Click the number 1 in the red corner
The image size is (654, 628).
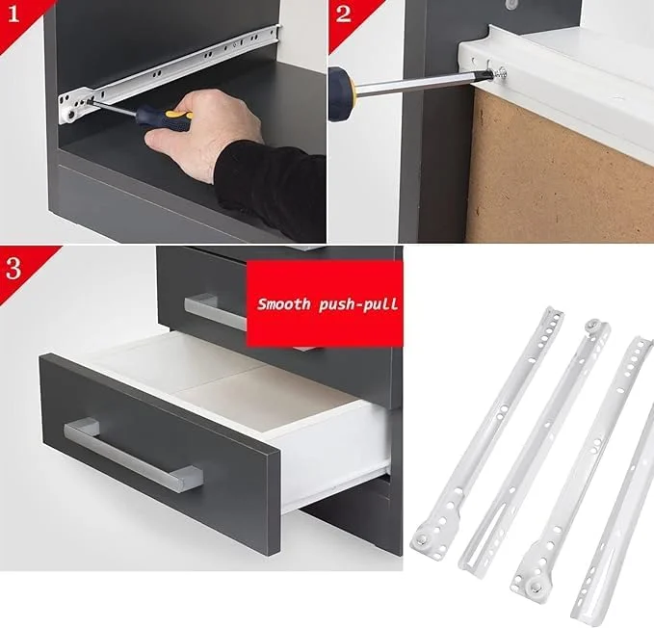click(13, 12)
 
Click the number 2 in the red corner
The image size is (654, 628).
click(344, 14)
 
